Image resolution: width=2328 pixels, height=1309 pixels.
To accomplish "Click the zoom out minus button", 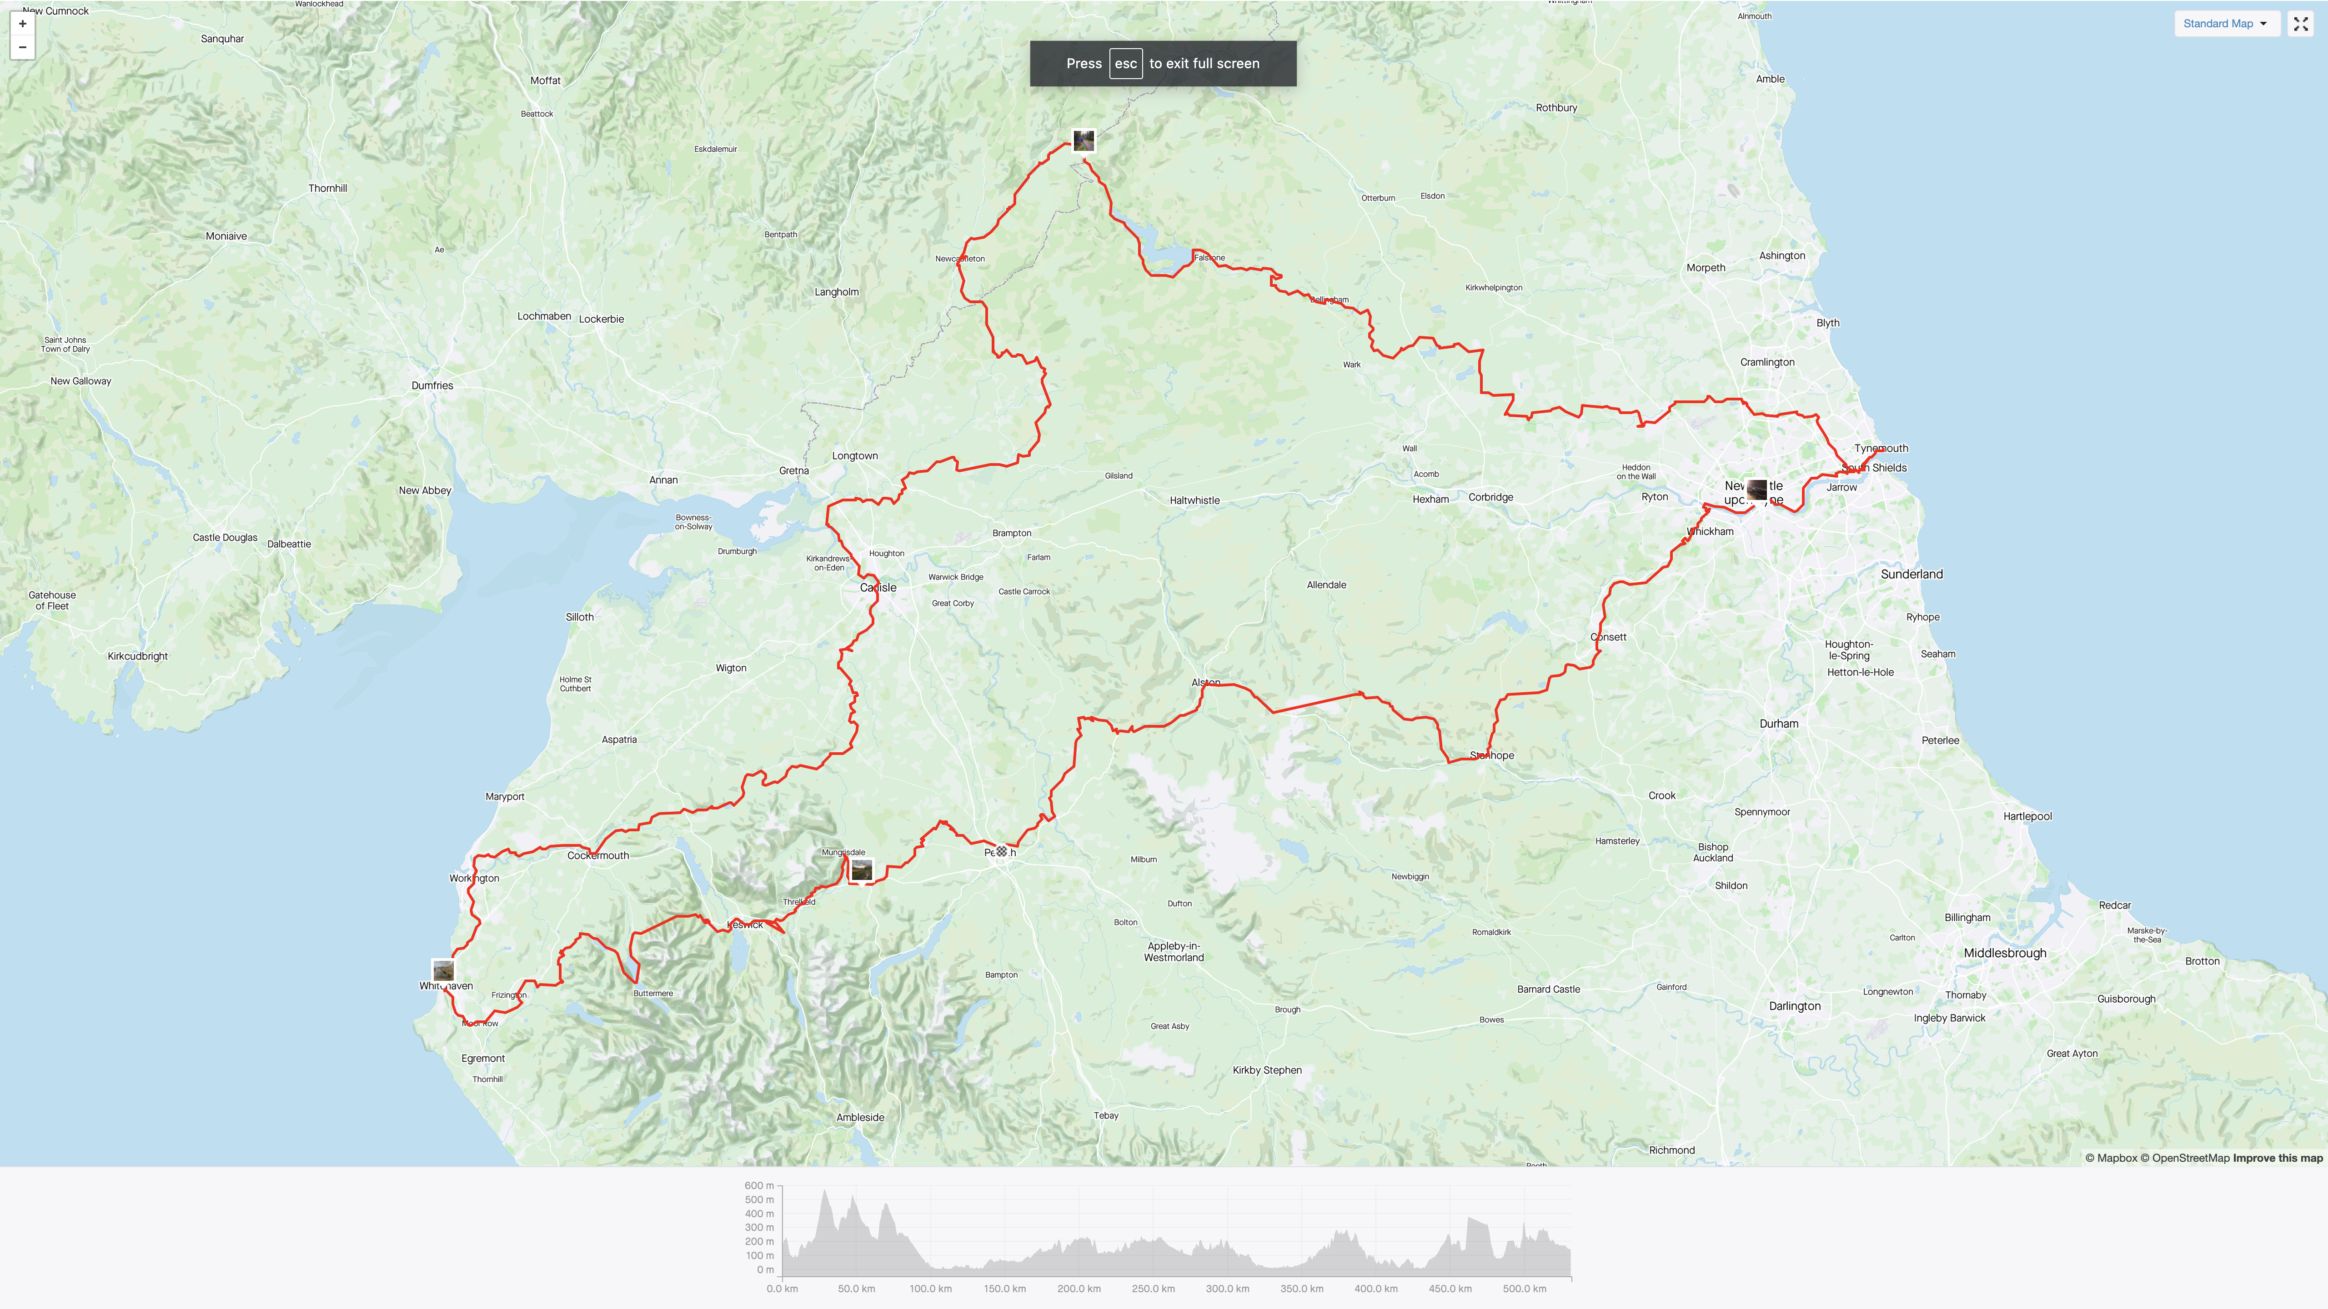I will (x=23, y=47).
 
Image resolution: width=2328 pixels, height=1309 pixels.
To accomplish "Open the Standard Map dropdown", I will (x=2225, y=24).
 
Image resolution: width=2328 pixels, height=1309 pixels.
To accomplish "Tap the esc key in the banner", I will (x=1125, y=63).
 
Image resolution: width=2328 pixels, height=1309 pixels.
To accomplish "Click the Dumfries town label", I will (x=432, y=386).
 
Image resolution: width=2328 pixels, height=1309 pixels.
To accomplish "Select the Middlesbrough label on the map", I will (x=2004, y=953).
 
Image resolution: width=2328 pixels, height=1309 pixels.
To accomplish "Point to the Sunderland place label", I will (x=1912, y=575).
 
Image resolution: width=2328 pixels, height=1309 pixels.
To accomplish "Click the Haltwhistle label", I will (x=1194, y=500).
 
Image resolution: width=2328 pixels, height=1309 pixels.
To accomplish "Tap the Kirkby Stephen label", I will (x=1267, y=1070).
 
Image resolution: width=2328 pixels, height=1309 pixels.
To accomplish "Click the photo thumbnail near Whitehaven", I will (x=443, y=971).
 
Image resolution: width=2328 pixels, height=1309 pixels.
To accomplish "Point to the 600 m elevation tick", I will (x=759, y=1185).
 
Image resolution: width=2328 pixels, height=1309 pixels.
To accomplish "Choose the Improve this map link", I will (x=2278, y=1158).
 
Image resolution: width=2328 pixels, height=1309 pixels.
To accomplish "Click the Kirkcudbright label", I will (x=137, y=657).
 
